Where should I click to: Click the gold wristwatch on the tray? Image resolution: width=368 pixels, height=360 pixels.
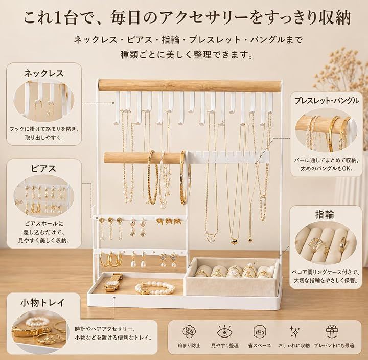(113, 282)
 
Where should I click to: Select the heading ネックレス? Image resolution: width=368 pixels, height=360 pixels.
(44, 73)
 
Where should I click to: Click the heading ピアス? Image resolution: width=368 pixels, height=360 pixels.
(43, 168)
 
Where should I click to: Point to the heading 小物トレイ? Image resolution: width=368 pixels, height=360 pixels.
(42, 302)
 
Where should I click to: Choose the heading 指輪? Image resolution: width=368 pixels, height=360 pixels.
(325, 214)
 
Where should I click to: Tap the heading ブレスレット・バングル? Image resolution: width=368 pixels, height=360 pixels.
(327, 101)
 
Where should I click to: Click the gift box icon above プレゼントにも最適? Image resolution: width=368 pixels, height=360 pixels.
(332, 331)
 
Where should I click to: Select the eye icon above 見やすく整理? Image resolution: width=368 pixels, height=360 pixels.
(224, 331)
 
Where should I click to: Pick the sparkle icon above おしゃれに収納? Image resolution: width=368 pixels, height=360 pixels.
(294, 331)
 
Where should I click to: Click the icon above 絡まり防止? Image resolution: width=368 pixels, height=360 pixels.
(189, 331)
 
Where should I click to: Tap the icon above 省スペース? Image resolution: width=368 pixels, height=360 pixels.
(259, 331)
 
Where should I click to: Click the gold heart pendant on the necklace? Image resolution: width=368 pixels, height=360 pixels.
(234, 242)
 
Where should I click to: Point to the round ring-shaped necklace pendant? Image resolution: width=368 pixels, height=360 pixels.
(210, 238)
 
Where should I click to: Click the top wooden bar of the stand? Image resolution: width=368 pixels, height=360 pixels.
(190, 85)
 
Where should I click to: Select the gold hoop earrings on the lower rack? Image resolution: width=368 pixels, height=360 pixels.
(111, 259)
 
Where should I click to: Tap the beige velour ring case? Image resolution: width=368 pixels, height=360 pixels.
(232, 277)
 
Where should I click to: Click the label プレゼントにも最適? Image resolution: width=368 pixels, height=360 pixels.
(334, 346)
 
